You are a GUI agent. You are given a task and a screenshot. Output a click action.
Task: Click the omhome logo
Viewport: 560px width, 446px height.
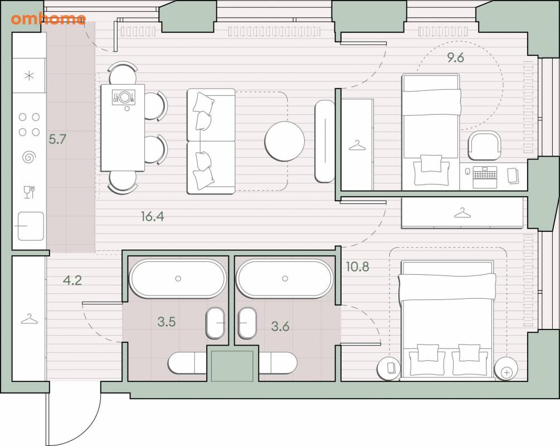(x=48, y=18)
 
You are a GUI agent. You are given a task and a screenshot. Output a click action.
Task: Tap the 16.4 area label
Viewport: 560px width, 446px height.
(x=153, y=216)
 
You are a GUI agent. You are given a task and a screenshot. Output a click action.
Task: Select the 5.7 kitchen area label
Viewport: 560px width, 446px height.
(x=57, y=139)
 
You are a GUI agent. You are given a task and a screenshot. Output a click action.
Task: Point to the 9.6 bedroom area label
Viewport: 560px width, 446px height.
(x=455, y=57)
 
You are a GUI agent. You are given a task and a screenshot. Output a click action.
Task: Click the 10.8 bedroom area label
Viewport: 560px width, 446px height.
(x=358, y=266)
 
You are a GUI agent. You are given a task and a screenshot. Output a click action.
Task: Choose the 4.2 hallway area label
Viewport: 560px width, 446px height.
(x=72, y=280)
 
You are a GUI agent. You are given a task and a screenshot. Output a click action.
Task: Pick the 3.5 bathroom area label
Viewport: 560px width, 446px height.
(x=167, y=322)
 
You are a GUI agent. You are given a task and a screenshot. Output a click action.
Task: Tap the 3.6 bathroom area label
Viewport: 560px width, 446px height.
(x=280, y=326)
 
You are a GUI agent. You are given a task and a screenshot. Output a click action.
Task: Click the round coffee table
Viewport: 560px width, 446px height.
(x=285, y=141)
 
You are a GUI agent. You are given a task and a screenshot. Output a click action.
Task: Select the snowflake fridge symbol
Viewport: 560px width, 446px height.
(x=30, y=76)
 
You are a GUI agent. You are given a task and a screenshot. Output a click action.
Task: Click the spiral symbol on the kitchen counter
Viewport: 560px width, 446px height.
(x=30, y=157)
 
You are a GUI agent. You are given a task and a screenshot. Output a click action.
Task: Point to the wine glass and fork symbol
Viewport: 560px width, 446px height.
(x=29, y=192)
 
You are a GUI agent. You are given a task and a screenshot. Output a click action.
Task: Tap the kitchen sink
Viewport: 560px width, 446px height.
(x=31, y=226)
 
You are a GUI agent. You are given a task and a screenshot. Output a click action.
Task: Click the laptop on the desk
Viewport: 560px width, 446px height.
(x=484, y=177)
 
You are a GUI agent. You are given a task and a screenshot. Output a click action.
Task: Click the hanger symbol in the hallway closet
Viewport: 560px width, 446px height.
(x=30, y=319)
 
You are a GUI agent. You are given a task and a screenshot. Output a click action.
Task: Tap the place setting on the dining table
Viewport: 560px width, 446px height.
(x=124, y=97)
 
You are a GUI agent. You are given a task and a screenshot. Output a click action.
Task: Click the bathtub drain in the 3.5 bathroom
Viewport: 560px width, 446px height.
(x=178, y=278)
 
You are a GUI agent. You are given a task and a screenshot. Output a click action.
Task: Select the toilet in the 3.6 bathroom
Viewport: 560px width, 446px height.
(x=247, y=323)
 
